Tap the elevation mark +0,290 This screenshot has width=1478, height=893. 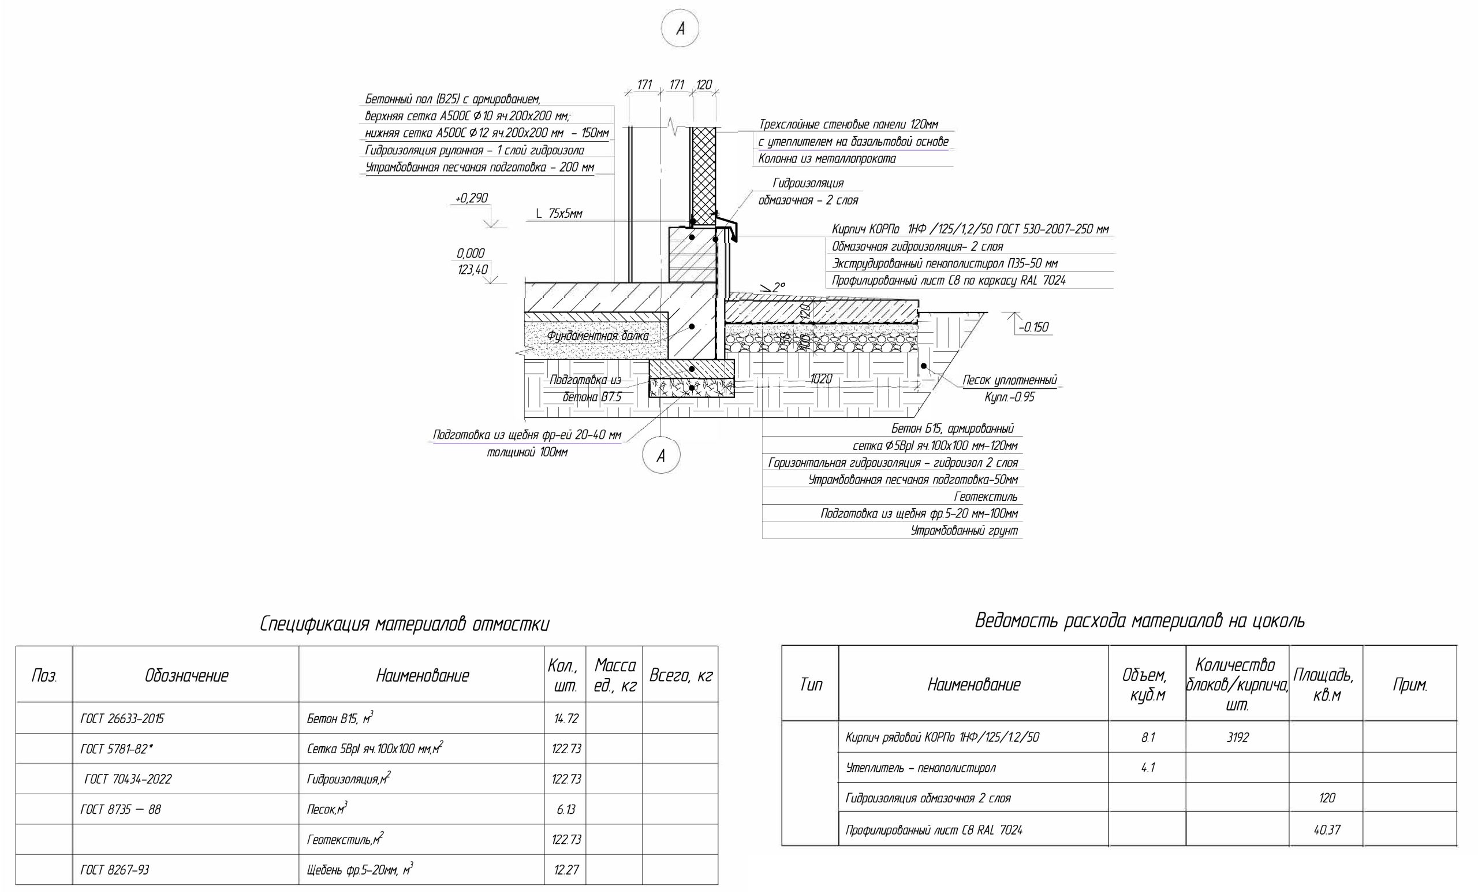[x=472, y=198]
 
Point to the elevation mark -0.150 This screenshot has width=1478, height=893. [x=1033, y=327]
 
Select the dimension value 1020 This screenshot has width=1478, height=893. [x=821, y=379]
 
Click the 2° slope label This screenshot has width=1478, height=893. [x=779, y=288]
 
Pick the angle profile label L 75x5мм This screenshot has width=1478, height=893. [x=559, y=214]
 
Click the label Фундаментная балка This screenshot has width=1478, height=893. [x=598, y=336]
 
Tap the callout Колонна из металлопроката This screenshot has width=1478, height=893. [x=827, y=159]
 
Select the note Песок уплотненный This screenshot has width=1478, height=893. [x=1010, y=380]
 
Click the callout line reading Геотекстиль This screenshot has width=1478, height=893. [x=986, y=497]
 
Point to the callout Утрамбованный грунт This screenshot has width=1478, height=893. [x=965, y=530]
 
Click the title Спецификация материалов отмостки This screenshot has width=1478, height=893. [x=404, y=625]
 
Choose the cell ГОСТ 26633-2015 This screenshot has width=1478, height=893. [x=122, y=719]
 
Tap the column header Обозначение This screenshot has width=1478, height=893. [x=186, y=676]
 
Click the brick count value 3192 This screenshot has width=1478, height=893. [x=1237, y=737]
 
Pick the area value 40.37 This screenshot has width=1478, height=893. [x=1327, y=830]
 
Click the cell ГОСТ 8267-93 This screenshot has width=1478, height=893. [x=114, y=869]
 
